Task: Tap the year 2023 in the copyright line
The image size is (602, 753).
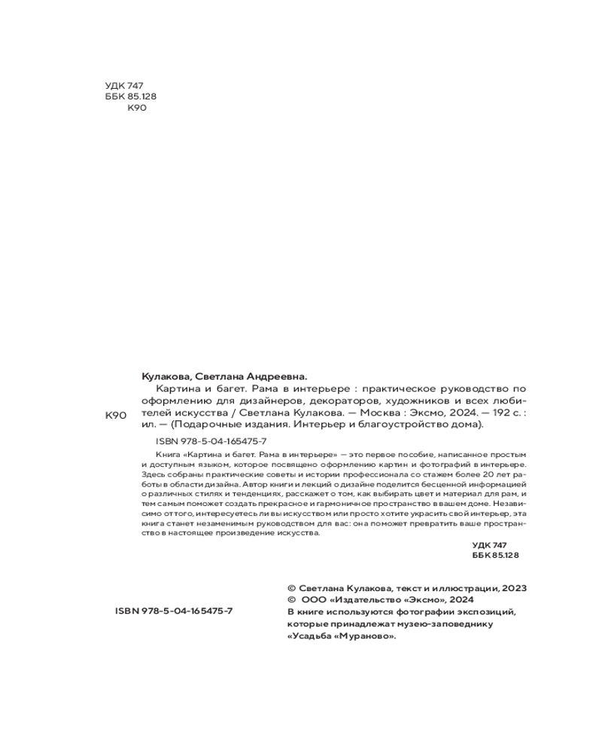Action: [x=512, y=588]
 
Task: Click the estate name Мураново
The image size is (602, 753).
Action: [x=367, y=636]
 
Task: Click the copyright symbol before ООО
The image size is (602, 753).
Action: [x=291, y=600]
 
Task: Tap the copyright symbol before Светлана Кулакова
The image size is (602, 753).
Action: [x=291, y=588]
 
